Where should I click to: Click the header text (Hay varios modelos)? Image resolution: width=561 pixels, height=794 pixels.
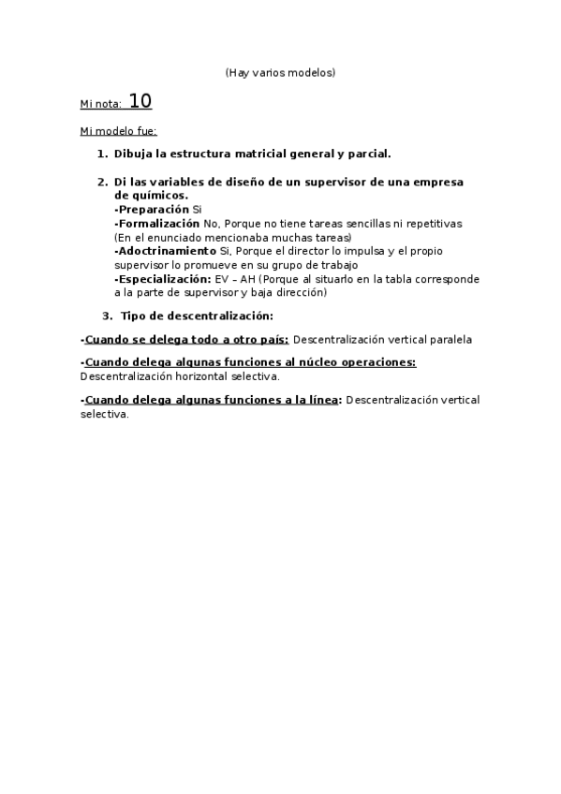point(280,72)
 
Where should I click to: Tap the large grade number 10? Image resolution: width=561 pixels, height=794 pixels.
point(140,101)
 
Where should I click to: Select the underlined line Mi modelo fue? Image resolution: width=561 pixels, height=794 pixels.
point(119,130)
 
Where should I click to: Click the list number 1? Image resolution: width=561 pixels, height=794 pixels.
point(102,154)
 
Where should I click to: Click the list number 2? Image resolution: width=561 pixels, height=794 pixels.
point(102,182)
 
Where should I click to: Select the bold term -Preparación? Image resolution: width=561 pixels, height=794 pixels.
point(152,210)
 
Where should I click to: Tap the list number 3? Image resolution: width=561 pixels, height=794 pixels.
point(107,316)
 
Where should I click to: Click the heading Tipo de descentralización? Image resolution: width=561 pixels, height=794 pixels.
point(197,316)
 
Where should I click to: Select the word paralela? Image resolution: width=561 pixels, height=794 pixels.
point(450,339)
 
